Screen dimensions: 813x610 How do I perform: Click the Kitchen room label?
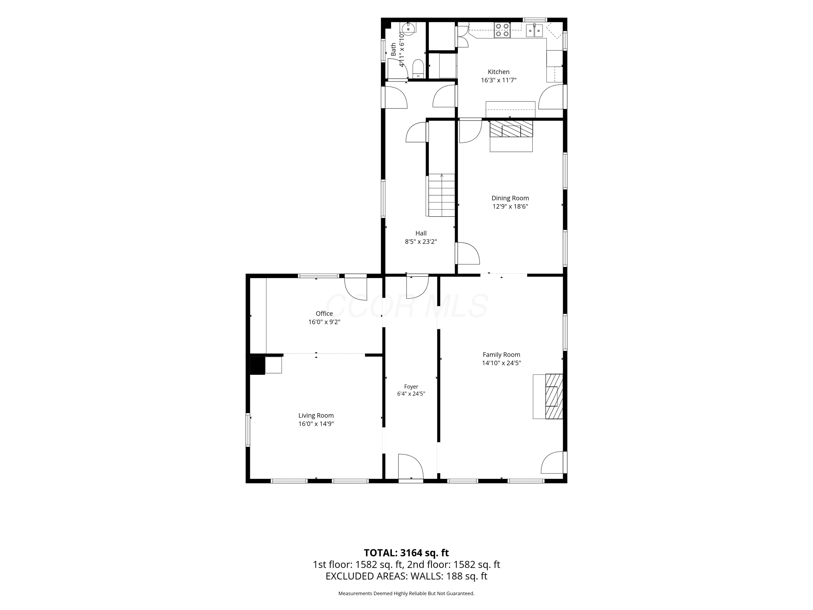pyautogui.click(x=498, y=72)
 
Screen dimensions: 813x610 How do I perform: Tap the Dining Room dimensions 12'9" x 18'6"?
pyautogui.click(x=510, y=206)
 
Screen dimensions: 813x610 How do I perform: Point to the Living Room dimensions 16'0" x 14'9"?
pyautogui.click(x=316, y=423)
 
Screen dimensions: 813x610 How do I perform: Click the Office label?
pyautogui.click(x=324, y=314)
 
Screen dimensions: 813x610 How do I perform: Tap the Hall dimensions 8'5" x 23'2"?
pyautogui.click(x=421, y=242)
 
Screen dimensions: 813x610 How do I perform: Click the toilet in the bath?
pyautogui.click(x=418, y=69)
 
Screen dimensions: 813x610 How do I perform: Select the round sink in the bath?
pyautogui.click(x=408, y=28)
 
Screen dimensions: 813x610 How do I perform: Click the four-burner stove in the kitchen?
pyautogui.click(x=502, y=30)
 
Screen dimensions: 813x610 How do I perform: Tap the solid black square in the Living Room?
pyautogui.click(x=257, y=365)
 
